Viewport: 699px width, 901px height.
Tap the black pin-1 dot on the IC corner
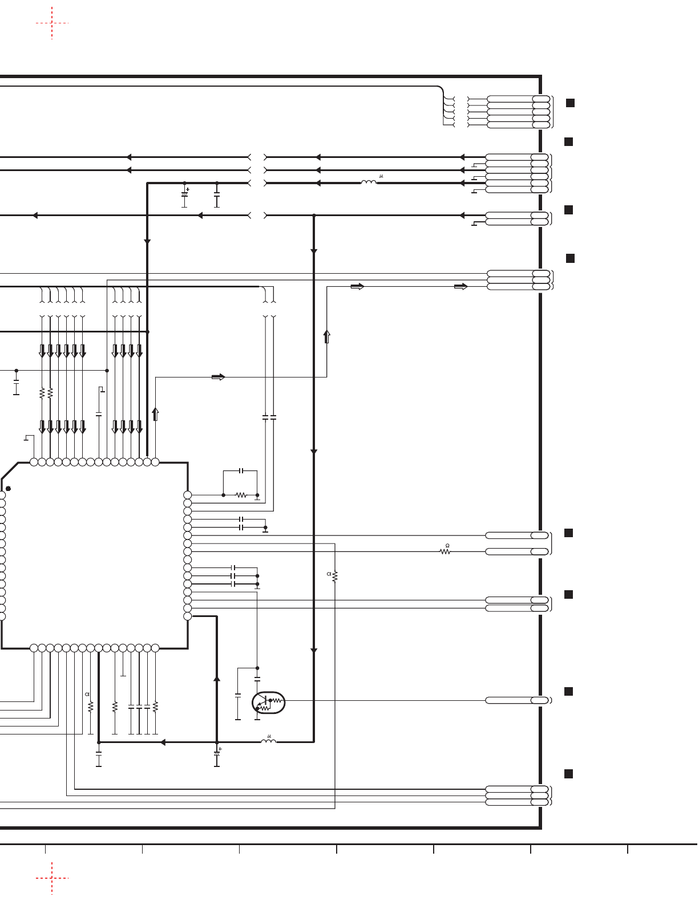8,489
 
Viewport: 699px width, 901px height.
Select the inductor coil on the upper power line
369,182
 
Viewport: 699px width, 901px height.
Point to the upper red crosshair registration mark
52,23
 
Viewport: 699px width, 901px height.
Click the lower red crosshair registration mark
52,878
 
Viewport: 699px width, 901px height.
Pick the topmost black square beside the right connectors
571,103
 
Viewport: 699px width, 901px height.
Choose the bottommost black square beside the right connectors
568,774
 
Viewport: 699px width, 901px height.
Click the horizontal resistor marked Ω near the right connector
445,551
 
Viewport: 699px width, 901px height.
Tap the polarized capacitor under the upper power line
185,195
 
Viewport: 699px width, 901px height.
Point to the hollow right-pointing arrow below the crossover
218,377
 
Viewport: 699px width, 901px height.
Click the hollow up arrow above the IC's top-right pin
155,414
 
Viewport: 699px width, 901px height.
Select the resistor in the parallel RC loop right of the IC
241,495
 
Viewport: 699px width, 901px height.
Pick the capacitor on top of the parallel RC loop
241,470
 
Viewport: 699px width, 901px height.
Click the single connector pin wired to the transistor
518,700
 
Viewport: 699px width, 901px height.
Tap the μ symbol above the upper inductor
381,176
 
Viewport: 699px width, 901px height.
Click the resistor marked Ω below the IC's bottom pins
90,706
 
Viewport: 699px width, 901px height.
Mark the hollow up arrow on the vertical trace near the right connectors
326,336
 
